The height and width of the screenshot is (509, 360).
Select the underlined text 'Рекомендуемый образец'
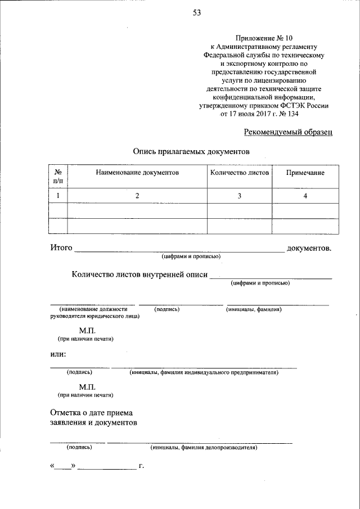pyautogui.click(x=288, y=132)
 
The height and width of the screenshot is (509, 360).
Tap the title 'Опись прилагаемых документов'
pyautogui.click(x=191, y=151)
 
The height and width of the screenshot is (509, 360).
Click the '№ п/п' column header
pyautogui.click(x=58, y=177)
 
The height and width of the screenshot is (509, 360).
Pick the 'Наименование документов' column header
pyautogui.click(x=137, y=173)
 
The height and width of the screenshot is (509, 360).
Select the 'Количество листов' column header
pyautogui.click(x=240, y=173)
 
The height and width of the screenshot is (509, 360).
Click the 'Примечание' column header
pyautogui.click(x=305, y=173)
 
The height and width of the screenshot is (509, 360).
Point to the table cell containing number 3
pyautogui.click(x=240, y=196)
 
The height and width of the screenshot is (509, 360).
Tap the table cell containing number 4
pyautogui.click(x=305, y=196)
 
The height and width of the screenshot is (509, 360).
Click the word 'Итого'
pyautogui.click(x=61, y=247)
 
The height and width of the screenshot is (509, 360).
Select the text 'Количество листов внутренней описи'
pyautogui.click(x=139, y=274)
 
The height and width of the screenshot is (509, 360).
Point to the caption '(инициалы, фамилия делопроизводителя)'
pyautogui.click(x=204, y=448)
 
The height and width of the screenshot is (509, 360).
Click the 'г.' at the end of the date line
pyautogui.click(x=141, y=466)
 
